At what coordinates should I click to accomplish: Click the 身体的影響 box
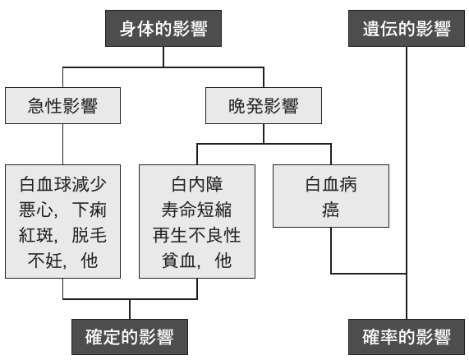163,29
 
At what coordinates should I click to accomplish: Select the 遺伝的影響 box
407,29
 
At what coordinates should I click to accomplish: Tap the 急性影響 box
62,106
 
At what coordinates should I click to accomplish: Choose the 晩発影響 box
264,106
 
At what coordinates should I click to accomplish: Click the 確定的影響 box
130,337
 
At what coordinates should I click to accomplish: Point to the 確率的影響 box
407,337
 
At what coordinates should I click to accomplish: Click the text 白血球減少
62,184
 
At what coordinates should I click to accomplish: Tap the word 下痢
90,210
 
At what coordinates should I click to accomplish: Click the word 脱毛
90,235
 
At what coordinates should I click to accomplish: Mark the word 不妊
45,261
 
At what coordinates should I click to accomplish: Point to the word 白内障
197,184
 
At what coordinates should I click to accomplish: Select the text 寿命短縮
196,210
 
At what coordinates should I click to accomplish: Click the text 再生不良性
196,235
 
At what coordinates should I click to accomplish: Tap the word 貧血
179,261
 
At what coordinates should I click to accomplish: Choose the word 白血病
331,184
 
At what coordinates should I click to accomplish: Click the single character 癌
331,210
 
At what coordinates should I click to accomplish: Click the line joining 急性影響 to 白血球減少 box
62,144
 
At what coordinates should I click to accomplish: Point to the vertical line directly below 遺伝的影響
407,182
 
